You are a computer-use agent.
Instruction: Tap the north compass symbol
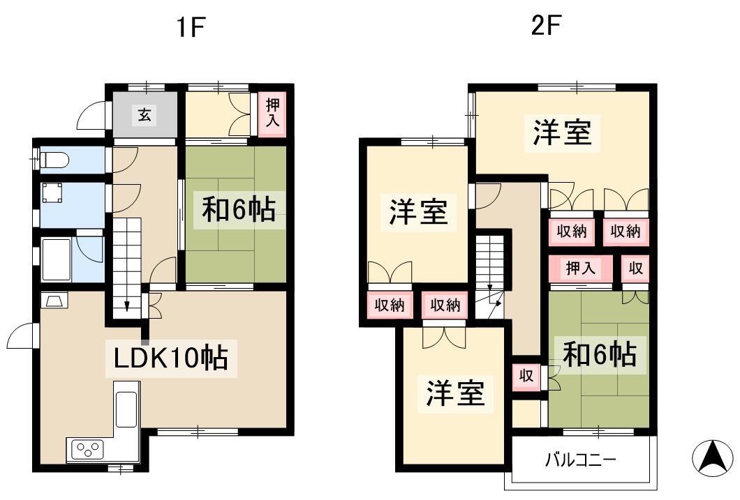point(714,457)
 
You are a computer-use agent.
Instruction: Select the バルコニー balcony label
point(581,459)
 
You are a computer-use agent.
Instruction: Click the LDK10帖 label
point(171,358)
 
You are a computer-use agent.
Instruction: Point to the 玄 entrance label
point(145,114)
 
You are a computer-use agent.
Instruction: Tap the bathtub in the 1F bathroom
point(56,259)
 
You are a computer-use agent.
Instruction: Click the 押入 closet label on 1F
point(273,113)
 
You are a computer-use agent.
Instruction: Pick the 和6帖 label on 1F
point(239,210)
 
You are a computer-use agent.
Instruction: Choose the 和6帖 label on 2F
point(600,354)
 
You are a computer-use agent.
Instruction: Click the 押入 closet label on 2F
point(581,268)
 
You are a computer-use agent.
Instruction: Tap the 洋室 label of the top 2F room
point(562,132)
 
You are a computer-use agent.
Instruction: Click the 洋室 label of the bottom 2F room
point(455,393)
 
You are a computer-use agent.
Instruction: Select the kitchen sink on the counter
point(126,409)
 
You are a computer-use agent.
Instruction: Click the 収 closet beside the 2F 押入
point(635,268)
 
